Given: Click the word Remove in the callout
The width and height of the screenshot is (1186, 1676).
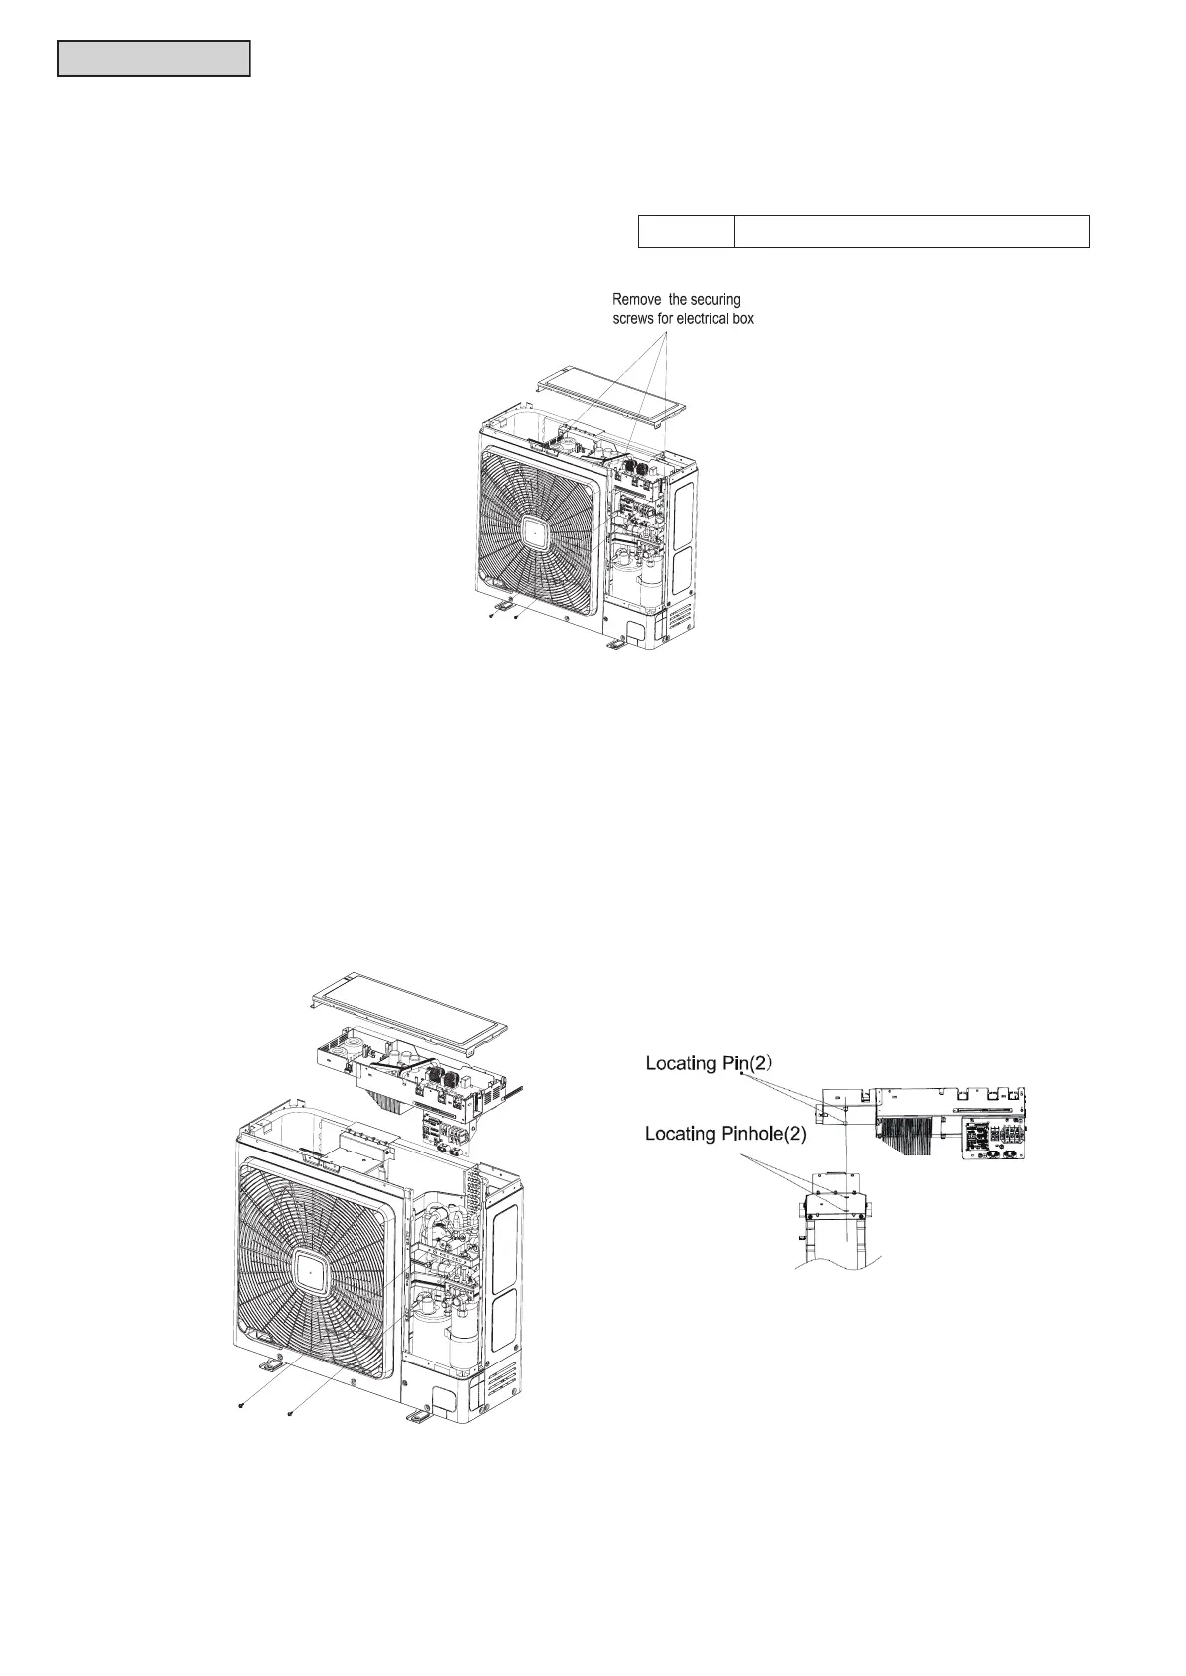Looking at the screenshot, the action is (638, 300).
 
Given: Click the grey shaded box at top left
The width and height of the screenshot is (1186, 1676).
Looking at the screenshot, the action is (153, 59).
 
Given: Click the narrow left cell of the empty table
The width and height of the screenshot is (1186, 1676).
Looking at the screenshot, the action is (685, 231).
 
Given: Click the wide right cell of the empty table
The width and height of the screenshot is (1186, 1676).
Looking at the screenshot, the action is (911, 231).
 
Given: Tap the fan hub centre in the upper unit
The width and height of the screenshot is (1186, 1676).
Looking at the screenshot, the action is (535, 533).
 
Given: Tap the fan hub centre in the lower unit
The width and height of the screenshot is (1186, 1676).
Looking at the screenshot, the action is (311, 1273).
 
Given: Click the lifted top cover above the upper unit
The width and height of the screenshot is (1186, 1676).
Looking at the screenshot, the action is (612, 398).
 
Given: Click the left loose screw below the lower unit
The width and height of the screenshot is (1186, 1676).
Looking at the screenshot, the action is (242, 1406).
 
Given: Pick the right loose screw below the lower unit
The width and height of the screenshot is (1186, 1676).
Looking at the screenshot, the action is (289, 1412).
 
